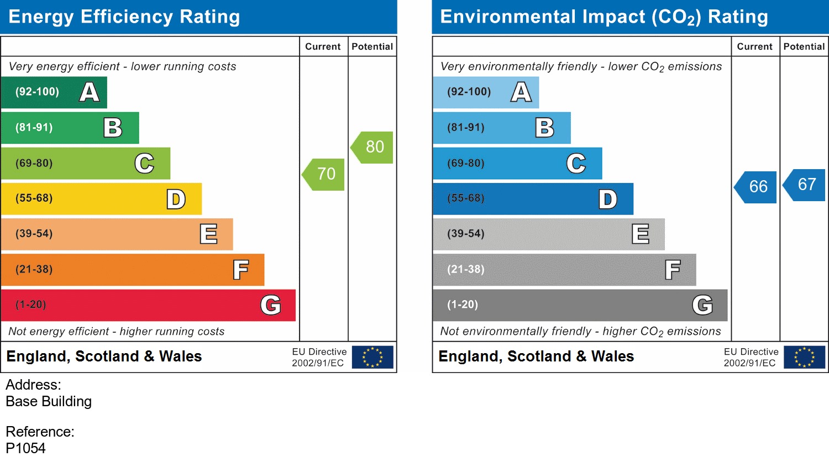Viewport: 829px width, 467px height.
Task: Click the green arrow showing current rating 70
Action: tap(324, 175)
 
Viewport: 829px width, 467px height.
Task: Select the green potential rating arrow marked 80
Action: tap(373, 147)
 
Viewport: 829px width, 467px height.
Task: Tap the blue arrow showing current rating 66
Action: tap(757, 187)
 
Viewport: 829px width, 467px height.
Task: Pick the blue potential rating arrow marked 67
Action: tap(805, 185)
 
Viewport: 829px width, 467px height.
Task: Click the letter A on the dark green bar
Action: tap(89, 92)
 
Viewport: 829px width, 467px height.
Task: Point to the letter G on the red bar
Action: tap(271, 305)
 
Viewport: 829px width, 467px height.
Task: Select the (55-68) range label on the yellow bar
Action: tap(34, 198)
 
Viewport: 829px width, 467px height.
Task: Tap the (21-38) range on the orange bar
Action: tap(34, 270)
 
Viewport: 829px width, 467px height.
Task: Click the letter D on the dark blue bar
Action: tap(607, 199)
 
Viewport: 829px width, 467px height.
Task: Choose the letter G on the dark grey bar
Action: tap(702, 305)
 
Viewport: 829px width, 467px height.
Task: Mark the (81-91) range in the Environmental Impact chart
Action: tap(465, 128)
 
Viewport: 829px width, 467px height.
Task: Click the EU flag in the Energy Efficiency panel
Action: tap(372, 357)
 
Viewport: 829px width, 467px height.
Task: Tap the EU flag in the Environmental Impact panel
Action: tap(804, 357)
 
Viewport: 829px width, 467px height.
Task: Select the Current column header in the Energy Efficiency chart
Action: tap(323, 47)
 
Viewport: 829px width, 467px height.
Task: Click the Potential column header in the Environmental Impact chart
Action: tap(804, 47)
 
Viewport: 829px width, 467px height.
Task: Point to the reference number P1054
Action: tap(25, 448)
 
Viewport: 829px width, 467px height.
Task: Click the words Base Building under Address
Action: tap(49, 401)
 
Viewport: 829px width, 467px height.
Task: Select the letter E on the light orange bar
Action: tap(208, 234)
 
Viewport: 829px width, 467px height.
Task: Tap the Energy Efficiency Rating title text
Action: tap(124, 17)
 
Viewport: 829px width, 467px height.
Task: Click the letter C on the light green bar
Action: tap(144, 164)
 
